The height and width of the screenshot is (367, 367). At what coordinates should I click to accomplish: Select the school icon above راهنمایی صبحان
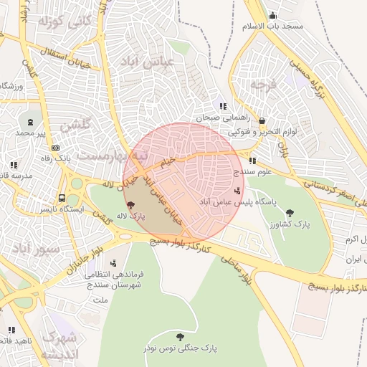pyautogui.click(x=224, y=107)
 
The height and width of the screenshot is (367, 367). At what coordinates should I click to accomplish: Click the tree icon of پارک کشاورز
pyautogui.click(x=290, y=212)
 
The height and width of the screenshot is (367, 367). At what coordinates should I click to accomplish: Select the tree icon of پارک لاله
pyautogui.click(x=129, y=205)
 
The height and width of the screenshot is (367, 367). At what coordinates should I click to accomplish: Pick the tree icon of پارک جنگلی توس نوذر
pyautogui.click(x=179, y=336)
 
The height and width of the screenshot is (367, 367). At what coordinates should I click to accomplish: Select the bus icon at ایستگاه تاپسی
pyautogui.click(x=62, y=198)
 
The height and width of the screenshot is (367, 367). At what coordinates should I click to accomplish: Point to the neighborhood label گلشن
pyautogui.click(x=77, y=126)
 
